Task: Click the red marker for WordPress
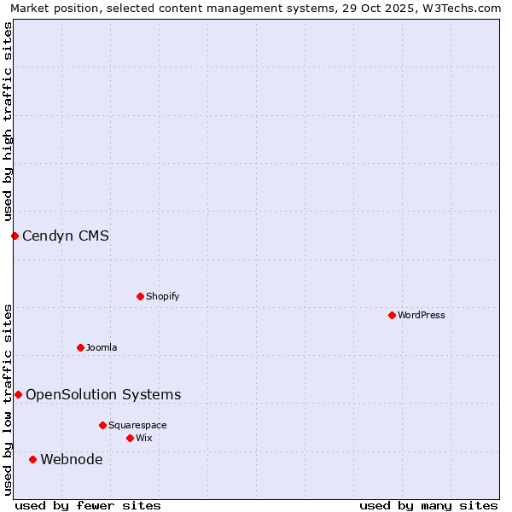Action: click(x=392, y=315)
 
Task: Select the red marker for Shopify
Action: click(x=140, y=296)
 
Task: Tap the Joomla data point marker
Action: click(x=80, y=347)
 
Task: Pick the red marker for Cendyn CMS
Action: click(x=15, y=236)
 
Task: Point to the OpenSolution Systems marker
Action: click(x=18, y=394)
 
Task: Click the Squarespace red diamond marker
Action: click(x=102, y=425)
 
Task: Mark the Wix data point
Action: click(x=130, y=438)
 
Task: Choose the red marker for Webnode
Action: click(x=32, y=459)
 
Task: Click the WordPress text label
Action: click(x=422, y=315)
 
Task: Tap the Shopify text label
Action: click(x=162, y=296)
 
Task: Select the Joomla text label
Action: click(x=102, y=347)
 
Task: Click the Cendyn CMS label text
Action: click(x=66, y=236)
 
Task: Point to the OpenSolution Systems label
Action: click(x=103, y=394)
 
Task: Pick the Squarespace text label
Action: click(x=137, y=425)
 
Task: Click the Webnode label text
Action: click(x=72, y=459)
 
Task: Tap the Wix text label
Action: click(x=143, y=438)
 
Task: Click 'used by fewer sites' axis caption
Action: click(x=88, y=505)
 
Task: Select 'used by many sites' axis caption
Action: click(x=428, y=505)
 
